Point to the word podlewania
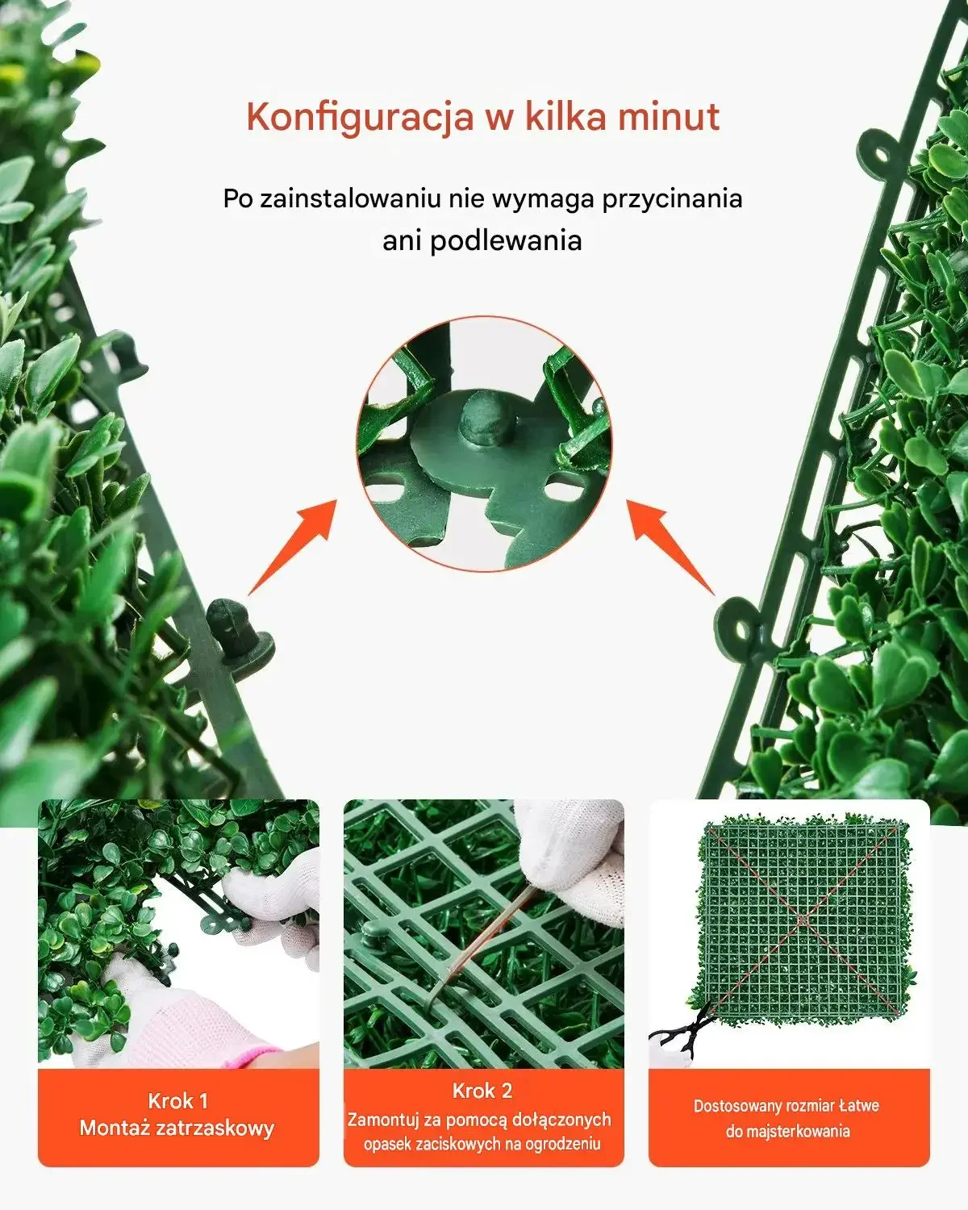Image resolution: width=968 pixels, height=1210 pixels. coord(506,241)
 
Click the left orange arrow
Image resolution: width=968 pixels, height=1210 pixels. coord(293,547)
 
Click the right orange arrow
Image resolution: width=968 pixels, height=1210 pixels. coord(670,547)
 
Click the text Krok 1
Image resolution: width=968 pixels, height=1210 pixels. coord(177,1100)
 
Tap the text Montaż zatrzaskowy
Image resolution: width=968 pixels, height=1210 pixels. coord(177,1128)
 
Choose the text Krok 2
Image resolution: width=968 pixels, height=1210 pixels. coord(482,1091)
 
